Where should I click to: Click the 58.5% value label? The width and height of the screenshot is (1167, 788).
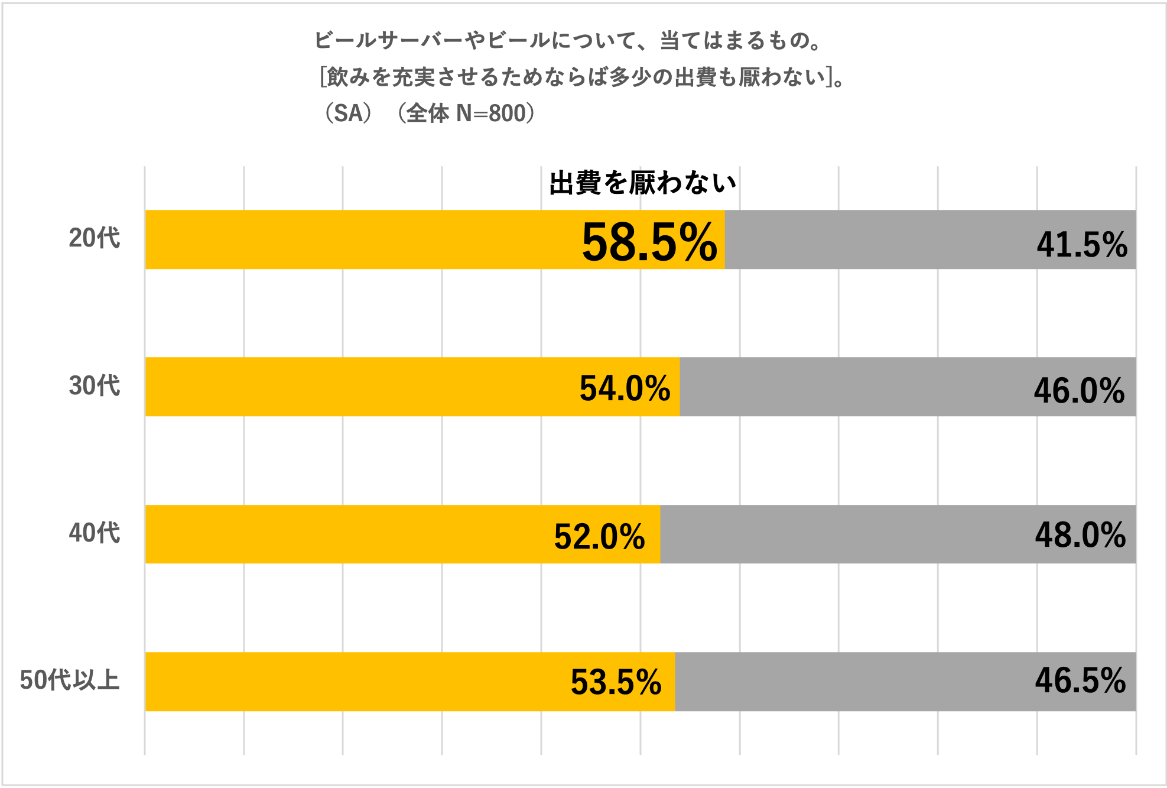tap(649, 242)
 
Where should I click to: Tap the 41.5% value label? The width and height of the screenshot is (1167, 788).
tap(1082, 244)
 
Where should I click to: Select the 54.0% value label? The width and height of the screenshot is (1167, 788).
tap(625, 388)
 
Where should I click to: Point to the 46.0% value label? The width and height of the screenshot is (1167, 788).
tap(1079, 391)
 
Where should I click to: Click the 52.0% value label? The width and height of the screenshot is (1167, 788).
tap(599, 537)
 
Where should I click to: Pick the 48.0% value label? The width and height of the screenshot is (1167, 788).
tap(1080, 535)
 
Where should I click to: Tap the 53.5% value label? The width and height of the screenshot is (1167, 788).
tap(616, 682)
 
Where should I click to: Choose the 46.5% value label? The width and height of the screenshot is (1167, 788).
tap(1080, 680)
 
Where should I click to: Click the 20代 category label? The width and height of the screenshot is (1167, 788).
tap(95, 238)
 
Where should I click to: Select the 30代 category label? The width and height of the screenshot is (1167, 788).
tap(95, 386)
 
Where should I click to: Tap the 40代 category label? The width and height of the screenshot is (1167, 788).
tap(95, 533)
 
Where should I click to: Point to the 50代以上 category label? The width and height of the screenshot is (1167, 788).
tap(70, 680)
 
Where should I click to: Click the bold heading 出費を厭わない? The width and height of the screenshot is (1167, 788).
tap(642, 183)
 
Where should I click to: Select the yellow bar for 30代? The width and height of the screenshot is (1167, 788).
tap(355, 387)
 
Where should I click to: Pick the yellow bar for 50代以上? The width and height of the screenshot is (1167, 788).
tap(355, 682)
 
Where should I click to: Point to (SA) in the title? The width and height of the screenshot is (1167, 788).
tap(349, 113)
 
